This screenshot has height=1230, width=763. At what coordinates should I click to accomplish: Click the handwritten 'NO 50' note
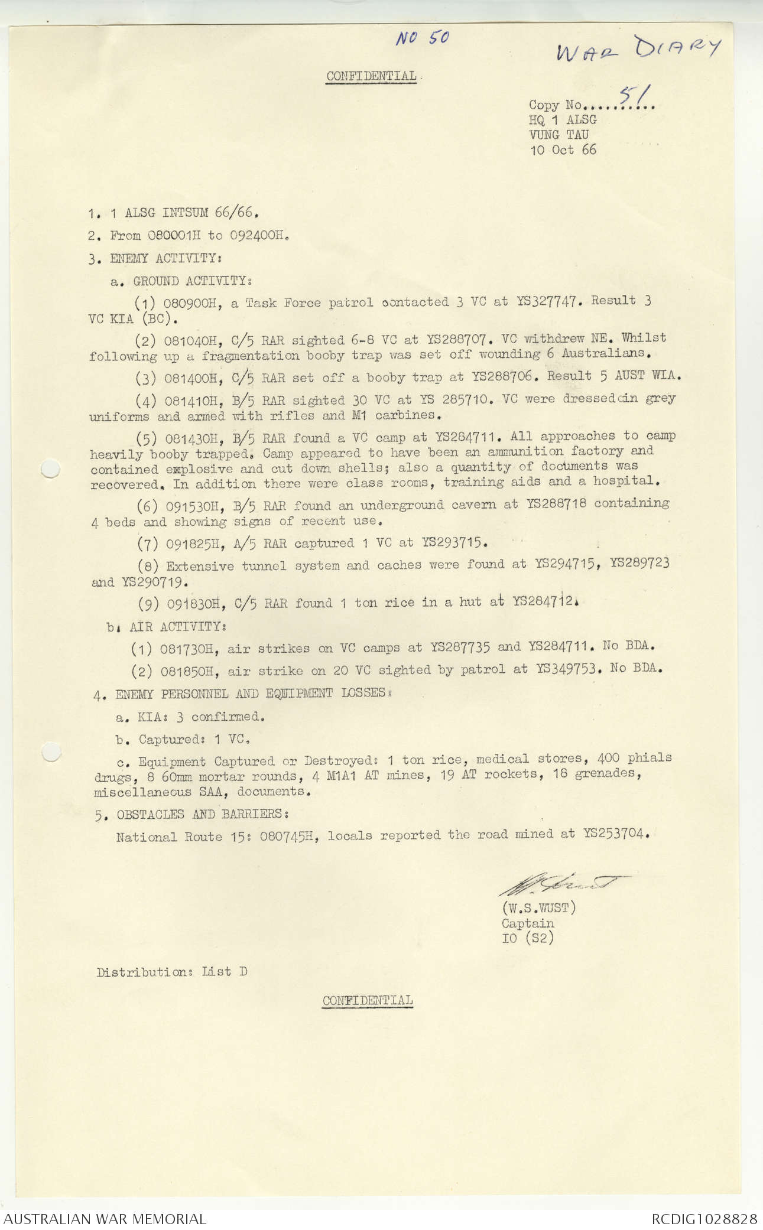[423, 38]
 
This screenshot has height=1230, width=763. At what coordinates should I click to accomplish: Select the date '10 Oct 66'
[563, 149]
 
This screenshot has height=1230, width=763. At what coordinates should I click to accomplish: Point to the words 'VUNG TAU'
[559, 135]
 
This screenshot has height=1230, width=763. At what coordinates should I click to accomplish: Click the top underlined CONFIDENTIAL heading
[371, 76]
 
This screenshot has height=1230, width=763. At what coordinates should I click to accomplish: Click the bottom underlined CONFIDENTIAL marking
[367, 1000]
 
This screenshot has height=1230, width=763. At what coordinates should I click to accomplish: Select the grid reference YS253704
[615, 834]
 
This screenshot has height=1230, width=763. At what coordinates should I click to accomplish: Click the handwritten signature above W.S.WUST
[561, 885]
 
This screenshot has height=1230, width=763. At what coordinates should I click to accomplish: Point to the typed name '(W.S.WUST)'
[538, 907]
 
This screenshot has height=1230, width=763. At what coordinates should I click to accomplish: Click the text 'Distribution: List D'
[171, 972]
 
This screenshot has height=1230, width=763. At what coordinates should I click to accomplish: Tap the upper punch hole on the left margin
[51, 470]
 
